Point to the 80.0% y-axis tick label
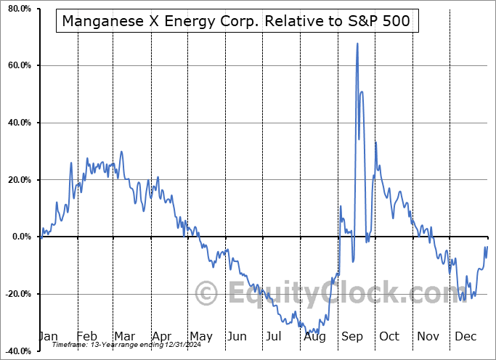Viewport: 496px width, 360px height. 19,9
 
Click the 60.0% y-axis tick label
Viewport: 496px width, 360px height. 19,66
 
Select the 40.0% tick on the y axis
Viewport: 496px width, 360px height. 19,123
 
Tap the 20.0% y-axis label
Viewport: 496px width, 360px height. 19,180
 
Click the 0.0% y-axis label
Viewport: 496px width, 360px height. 21,237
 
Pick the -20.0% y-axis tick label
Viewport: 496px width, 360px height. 17,294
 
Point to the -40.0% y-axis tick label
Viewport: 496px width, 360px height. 17,351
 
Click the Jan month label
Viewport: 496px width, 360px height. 48,336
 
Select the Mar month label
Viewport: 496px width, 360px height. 124,336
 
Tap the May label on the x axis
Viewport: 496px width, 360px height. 200,336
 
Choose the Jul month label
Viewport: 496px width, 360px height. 274,336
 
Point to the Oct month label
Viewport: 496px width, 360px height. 389,336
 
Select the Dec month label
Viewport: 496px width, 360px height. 467,336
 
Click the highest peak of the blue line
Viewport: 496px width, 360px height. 357,44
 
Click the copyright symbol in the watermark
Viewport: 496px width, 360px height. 207,294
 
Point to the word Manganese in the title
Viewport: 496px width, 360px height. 102,21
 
